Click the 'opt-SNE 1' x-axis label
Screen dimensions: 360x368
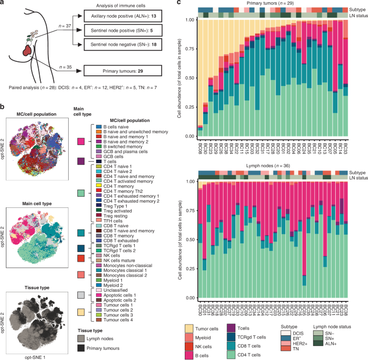pos(38,357)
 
